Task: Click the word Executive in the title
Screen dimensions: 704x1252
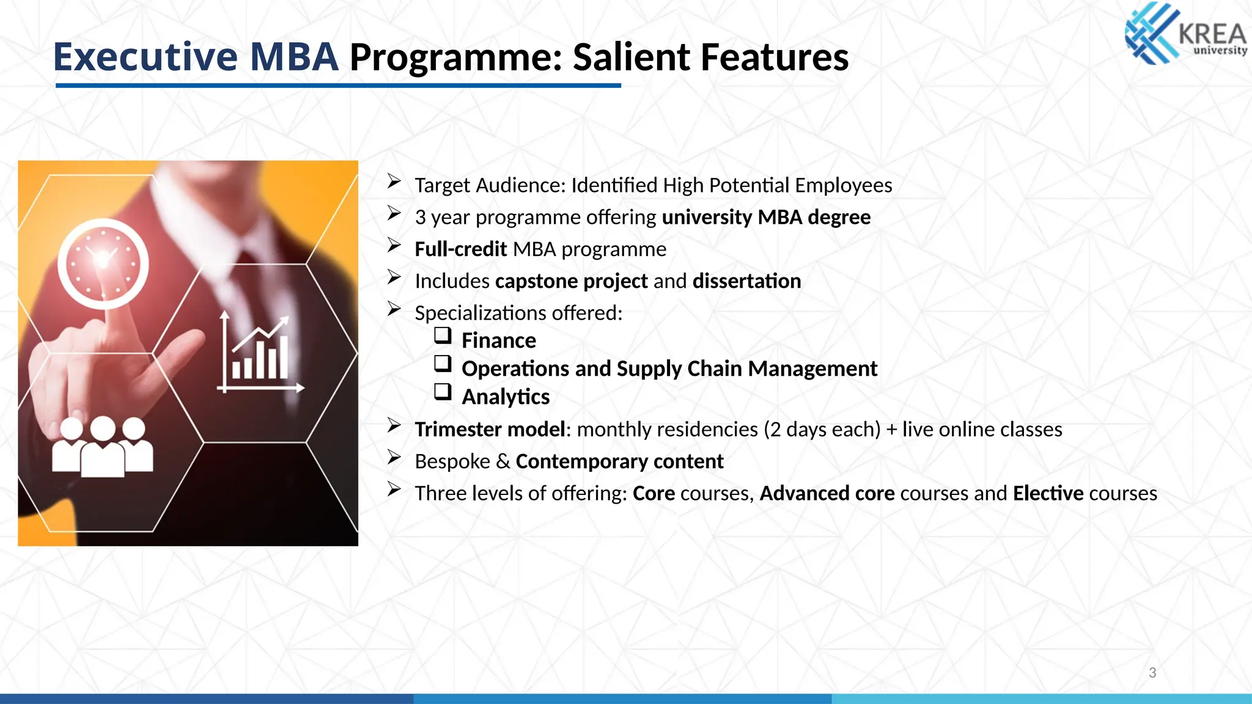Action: click(145, 57)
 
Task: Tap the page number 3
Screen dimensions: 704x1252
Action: click(1152, 673)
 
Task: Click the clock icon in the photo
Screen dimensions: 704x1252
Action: click(103, 263)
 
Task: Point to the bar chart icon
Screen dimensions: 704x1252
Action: click(260, 355)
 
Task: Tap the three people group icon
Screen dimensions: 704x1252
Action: click(102, 447)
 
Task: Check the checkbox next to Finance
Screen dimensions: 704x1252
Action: click(443, 335)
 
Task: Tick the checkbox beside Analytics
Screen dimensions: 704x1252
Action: click(443, 392)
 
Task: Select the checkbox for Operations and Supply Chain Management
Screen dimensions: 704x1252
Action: click(443, 364)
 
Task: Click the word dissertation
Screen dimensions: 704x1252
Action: click(746, 281)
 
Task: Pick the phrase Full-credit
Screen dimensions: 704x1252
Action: click(460, 249)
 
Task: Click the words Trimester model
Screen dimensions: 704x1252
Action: click(490, 430)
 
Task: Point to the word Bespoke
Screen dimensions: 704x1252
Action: click(452, 461)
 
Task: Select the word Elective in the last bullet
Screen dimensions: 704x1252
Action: click(1048, 493)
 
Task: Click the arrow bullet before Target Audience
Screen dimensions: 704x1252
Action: click(394, 182)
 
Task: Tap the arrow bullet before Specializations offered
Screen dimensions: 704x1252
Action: click(394, 309)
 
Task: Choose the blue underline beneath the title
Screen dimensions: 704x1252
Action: click(338, 86)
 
